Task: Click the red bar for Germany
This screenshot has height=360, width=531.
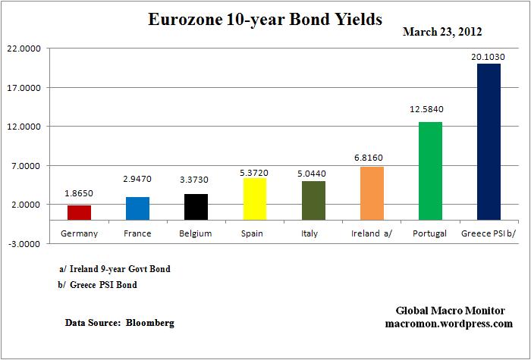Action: click(79, 213)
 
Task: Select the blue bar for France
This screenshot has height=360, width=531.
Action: click(137, 208)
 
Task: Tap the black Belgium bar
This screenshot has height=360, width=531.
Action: click(196, 207)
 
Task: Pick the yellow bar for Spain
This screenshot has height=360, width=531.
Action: click(254, 199)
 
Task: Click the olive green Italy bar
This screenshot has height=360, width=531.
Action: click(313, 200)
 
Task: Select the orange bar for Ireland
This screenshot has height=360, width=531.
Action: click(372, 193)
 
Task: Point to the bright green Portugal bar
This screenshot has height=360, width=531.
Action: click(430, 171)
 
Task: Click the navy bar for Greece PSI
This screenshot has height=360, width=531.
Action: click(489, 142)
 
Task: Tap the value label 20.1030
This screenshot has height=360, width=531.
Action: click(489, 56)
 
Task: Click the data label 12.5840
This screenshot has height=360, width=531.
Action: click(430, 109)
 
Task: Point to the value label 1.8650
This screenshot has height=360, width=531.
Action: click(79, 193)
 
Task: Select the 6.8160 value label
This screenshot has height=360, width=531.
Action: click(372, 156)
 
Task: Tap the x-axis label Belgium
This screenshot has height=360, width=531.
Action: click(196, 233)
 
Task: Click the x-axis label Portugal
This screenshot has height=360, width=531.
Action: click(430, 233)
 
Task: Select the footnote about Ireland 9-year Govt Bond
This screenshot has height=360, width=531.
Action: click(115, 269)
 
